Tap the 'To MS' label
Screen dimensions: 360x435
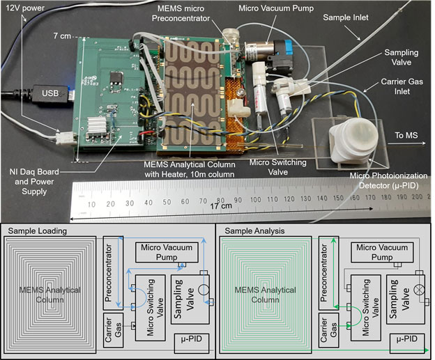click(408, 135)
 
